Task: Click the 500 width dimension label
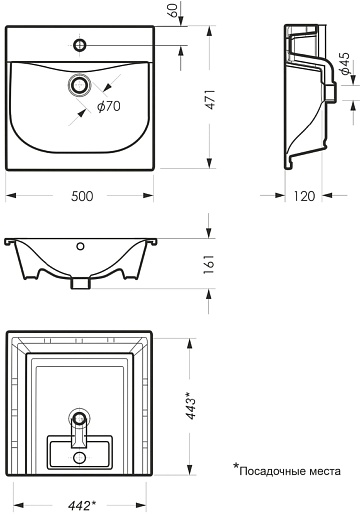82,196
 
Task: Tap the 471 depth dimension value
211,99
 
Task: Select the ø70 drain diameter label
109,106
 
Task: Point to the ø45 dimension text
344,63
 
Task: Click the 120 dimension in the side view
304,196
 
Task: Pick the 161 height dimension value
209,264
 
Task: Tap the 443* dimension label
192,405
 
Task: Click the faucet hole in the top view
80,45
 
